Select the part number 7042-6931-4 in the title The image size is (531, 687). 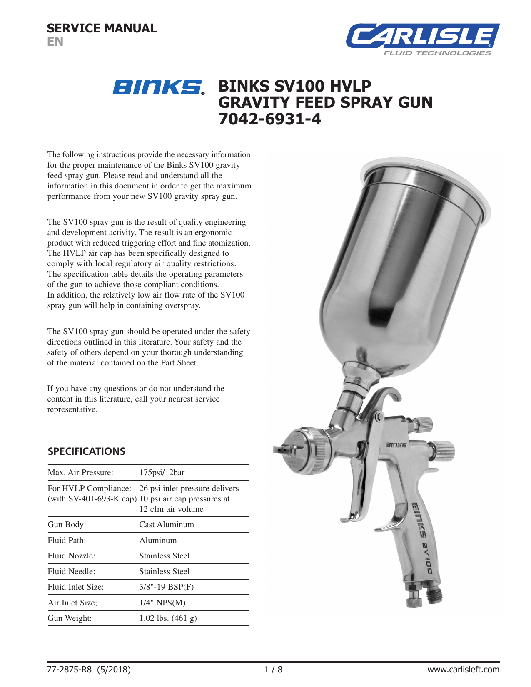270,119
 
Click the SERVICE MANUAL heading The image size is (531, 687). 102,28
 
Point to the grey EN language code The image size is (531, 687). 55,42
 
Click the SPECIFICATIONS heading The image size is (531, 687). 86,451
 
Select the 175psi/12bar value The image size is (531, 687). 162,472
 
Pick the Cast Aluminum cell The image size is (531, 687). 166,524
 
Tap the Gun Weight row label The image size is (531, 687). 70,618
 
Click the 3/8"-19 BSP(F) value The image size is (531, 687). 166,587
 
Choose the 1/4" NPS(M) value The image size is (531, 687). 162,603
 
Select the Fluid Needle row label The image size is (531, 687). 71,571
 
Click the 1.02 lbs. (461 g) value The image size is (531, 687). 168,618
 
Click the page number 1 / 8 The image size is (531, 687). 273,669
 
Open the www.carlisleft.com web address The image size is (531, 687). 463,669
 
